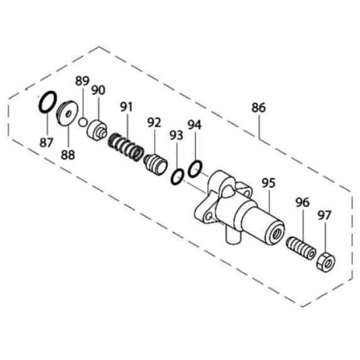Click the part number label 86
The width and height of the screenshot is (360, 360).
[x=258, y=107]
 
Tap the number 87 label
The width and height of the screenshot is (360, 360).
[x=46, y=143]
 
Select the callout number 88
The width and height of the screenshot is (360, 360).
[x=68, y=155]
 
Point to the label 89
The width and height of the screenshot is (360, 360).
[x=82, y=81]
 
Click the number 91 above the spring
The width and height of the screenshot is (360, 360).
[x=126, y=107]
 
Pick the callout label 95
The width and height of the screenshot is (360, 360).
[x=268, y=183]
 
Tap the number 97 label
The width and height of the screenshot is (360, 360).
[x=324, y=215]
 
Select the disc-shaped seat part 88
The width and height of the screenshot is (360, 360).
[x=67, y=113]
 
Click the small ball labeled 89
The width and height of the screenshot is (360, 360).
[x=82, y=122]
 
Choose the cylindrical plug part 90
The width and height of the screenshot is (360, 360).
[x=97, y=130]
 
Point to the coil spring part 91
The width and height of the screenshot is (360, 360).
[x=126, y=148]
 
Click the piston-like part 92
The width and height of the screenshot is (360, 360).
[x=155, y=165]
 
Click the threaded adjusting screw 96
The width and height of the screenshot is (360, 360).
[x=301, y=248]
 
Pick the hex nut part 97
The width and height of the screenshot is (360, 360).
[x=325, y=262]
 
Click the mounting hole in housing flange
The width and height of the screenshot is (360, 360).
[x=209, y=216]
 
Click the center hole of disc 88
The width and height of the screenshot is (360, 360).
[x=68, y=114]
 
